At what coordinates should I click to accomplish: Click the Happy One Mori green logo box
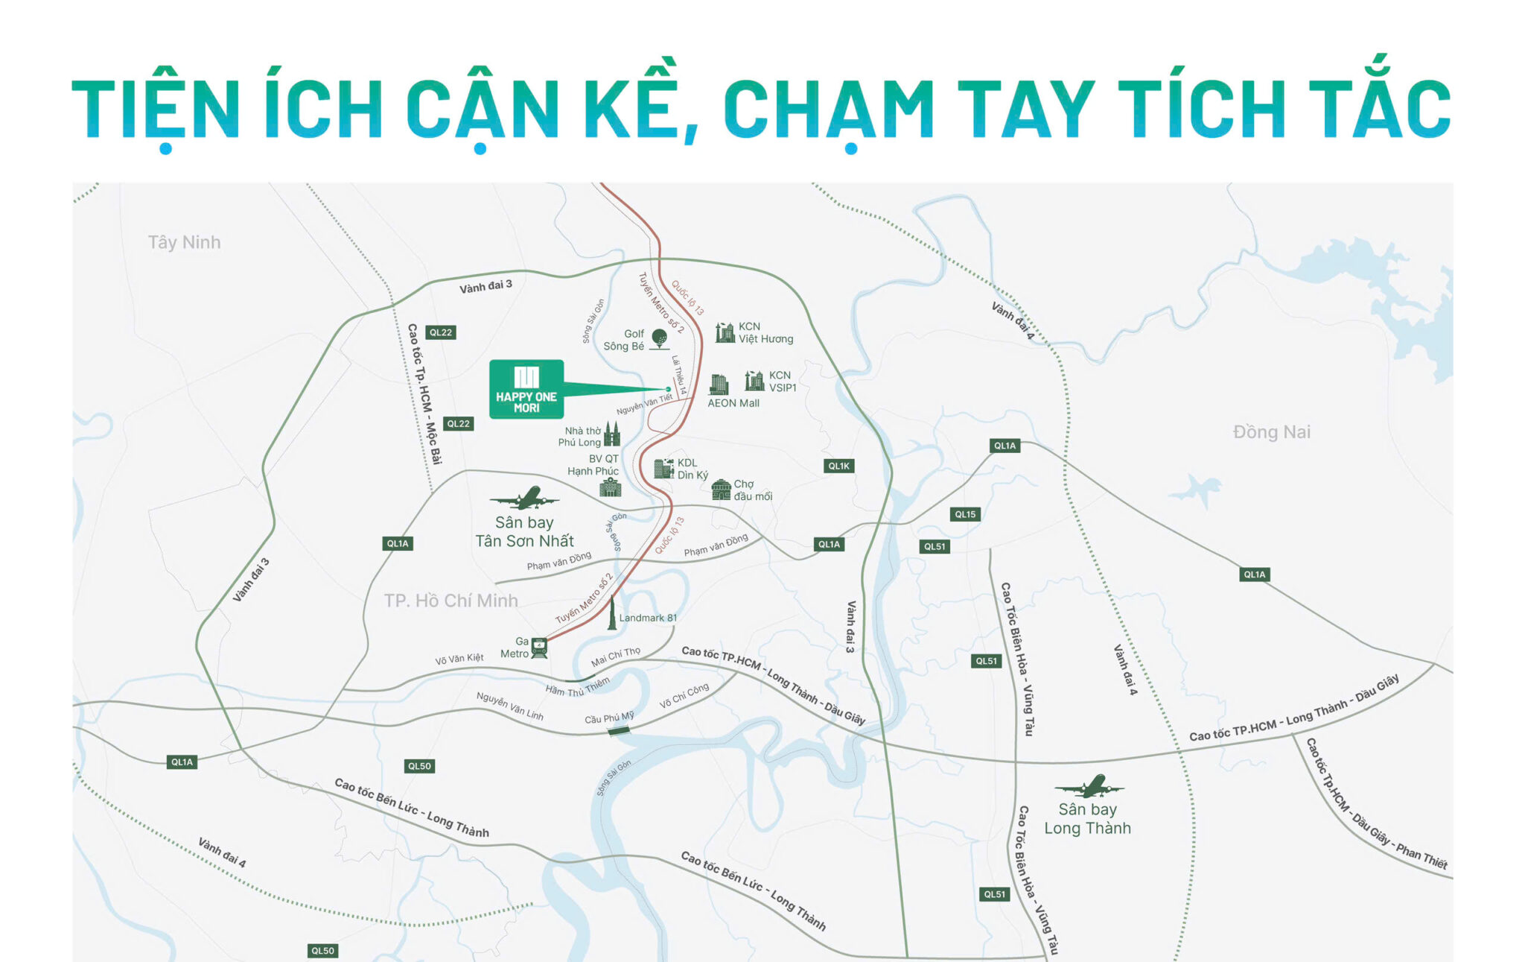526,389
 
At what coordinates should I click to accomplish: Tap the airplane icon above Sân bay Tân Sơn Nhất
526,498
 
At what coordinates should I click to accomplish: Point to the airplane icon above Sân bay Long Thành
1089,786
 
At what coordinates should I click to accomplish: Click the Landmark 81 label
648,618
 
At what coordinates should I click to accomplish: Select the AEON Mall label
733,403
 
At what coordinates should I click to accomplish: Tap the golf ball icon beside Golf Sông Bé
659,338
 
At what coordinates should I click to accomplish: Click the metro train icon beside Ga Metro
539,648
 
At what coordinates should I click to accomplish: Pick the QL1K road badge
838,466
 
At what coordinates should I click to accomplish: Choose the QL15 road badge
965,514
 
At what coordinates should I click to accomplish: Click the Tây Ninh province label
184,242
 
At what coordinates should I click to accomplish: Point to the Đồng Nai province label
1271,432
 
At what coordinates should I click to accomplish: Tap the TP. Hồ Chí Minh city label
451,601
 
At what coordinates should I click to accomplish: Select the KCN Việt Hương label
765,332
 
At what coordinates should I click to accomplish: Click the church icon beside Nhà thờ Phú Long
612,434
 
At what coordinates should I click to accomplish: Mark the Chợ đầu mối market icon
721,490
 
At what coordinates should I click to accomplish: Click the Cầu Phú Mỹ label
609,718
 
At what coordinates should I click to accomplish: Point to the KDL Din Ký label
693,469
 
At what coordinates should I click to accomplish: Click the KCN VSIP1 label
782,382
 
